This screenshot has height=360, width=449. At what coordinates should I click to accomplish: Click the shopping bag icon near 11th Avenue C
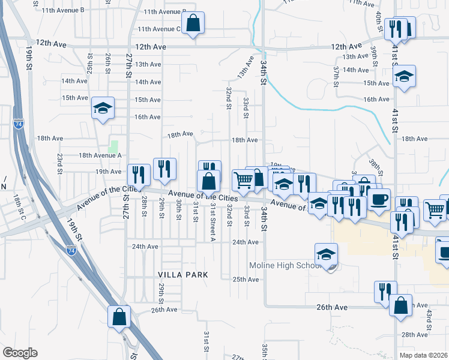(x=193, y=24)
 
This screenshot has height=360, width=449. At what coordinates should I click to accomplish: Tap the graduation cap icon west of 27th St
(x=103, y=109)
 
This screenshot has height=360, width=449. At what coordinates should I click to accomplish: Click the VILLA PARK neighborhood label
(x=182, y=274)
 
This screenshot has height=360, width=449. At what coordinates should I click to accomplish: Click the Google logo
(x=20, y=353)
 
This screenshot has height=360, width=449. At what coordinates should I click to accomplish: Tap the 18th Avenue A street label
(x=100, y=155)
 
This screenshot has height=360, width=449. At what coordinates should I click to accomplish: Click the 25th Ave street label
(x=245, y=280)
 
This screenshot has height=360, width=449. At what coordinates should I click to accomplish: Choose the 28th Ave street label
(x=414, y=334)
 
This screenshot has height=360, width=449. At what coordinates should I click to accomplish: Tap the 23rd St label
(x=60, y=163)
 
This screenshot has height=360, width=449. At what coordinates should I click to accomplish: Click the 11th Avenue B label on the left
(x=63, y=10)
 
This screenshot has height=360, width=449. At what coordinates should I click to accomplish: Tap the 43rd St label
(x=429, y=319)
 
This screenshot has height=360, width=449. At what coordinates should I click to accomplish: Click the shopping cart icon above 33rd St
(x=243, y=180)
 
